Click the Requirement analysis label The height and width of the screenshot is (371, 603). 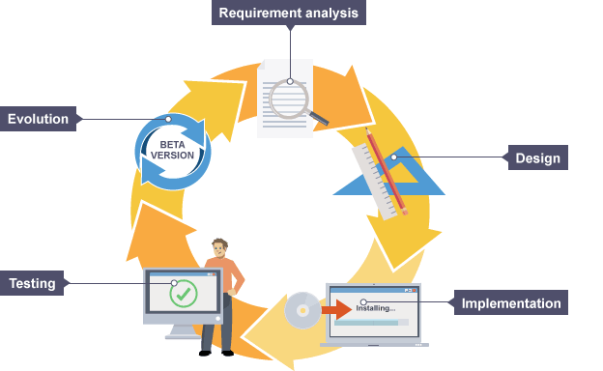[x=288, y=13]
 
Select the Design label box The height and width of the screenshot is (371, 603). [x=537, y=157]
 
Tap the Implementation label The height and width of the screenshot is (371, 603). [x=510, y=302]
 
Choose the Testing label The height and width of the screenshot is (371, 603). [x=32, y=283]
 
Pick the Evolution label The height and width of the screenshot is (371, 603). [x=38, y=119]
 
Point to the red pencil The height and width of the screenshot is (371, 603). [x=387, y=171]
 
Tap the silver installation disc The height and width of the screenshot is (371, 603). [x=302, y=310]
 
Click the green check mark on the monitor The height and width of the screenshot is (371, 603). [x=184, y=294]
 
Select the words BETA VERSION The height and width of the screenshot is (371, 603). [x=172, y=150]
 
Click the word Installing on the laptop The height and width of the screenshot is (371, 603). [x=372, y=308]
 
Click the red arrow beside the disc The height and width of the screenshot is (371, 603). [x=337, y=309]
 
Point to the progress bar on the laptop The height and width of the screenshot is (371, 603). [x=371, y=322]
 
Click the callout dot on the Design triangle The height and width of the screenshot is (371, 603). [x=394, y=157]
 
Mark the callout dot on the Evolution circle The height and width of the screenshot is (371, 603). [x=168, y=119]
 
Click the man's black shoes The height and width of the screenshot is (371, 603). [x=216, y=353]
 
